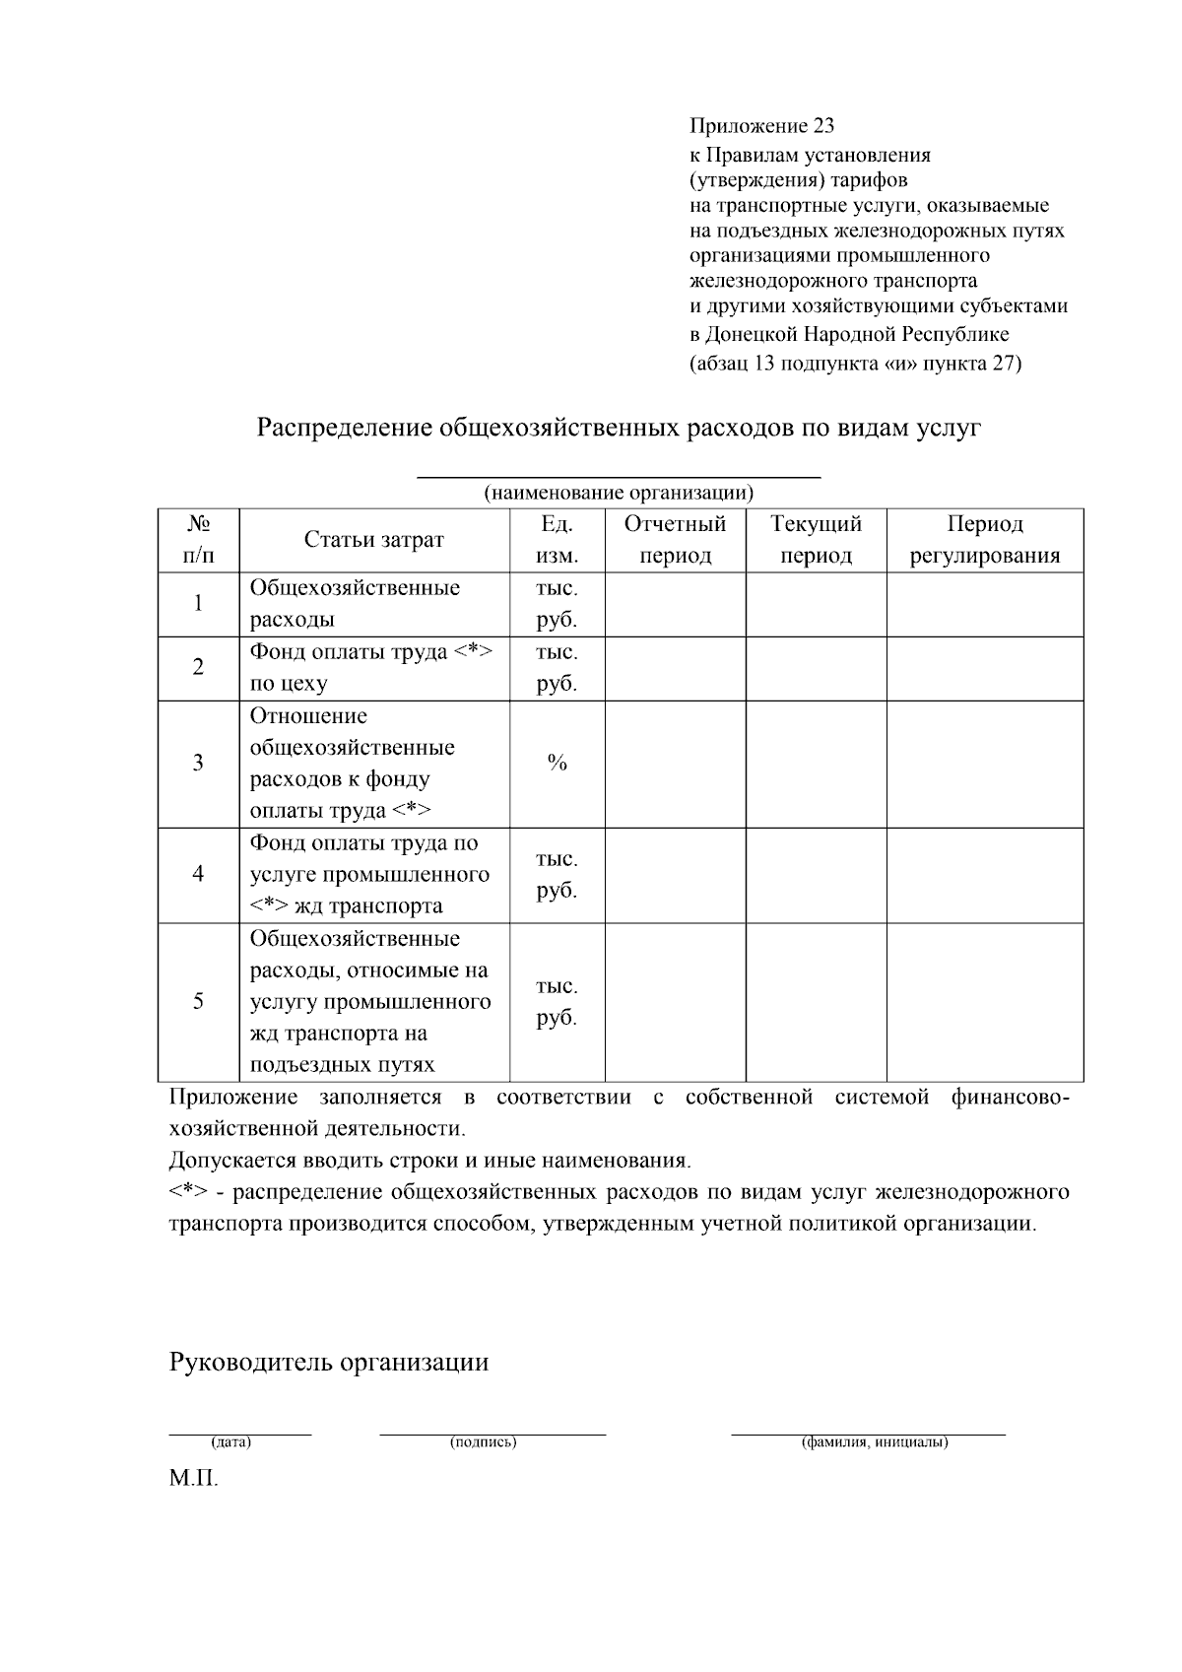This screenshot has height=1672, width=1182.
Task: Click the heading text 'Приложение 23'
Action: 761,126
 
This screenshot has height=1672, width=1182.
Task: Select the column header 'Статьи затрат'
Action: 373,540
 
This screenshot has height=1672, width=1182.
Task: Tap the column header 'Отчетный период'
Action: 675,540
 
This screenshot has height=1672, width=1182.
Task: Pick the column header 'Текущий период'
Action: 816,540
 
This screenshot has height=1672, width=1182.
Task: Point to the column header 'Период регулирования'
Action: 985,540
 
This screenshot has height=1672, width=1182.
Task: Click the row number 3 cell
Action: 198,763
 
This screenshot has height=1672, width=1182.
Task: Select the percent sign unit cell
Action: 557,763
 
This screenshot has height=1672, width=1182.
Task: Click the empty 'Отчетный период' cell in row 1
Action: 675,604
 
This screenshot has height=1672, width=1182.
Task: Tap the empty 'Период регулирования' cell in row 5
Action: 985,1001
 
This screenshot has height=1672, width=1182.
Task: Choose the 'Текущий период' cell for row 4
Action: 816,874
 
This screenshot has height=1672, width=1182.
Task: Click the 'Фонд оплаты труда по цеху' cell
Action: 373,667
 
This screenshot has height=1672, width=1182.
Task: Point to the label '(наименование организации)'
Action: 619,493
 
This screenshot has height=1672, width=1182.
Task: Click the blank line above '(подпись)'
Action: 492,1434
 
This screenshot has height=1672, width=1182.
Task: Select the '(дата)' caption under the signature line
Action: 232,1442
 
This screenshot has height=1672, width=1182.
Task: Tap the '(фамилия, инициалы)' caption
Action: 875,1442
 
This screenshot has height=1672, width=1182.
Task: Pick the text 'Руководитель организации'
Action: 329,1363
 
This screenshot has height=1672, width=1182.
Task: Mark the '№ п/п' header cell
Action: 198,540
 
